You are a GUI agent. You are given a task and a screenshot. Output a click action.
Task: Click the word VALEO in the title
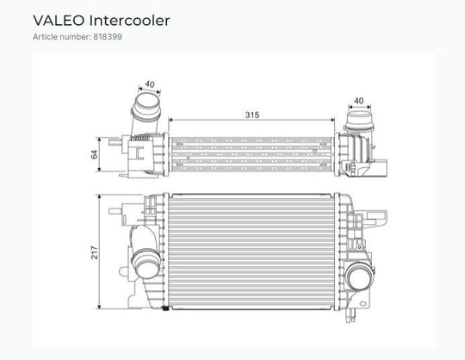click(x=59, y=21)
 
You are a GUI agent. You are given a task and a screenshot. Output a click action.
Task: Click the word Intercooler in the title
click(x=129, y=21)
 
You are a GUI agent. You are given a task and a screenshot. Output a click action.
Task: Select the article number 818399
click(x=108, y=37)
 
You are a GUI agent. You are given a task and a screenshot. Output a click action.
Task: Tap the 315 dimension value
click(x=252, y=115)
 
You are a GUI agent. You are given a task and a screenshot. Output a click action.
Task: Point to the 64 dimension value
click(x=95, y=154)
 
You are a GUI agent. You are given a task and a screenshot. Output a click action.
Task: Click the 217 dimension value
click(x=95, y=252)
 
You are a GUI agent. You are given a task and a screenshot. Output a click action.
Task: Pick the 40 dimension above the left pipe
click(x=150, y=84)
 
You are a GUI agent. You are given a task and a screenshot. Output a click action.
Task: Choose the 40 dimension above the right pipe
click(x=359, y=101)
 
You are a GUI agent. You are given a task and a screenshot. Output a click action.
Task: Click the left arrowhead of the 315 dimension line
click(x=170, y=120)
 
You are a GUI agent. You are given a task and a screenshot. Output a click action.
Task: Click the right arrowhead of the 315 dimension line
click(x=332, y=120)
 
